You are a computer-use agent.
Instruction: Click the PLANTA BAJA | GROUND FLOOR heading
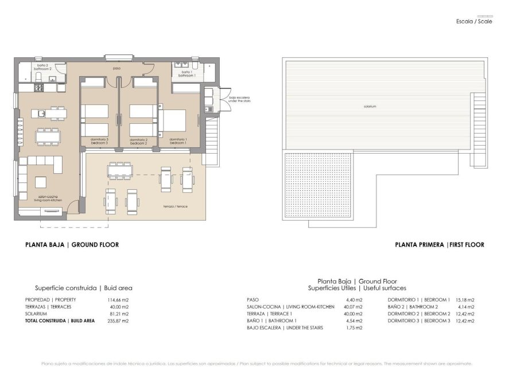pyautogui.click(x=72, y=245)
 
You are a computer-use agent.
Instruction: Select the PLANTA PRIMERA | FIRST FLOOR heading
pyautogui.click(x=439, y=245)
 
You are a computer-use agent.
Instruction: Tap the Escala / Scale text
pyautogui.click(x=473, y=21)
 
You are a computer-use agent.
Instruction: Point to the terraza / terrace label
pyautogui.click(x=175, y=206)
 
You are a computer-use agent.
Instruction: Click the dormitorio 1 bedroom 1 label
pyautogui.click(x=178, y=141)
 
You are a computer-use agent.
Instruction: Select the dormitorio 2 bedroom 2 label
pyautogui.click(x=138, y=141)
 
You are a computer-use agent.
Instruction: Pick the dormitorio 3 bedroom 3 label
pyautogui.click(x=99, y=141)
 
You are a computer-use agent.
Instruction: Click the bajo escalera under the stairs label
pyautogui.click(x=239, y=99)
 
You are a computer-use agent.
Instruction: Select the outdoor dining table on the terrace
pyautogui.click(x=120, y=170)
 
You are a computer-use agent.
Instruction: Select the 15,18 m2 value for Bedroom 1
pyautogui.click(x=465, y=300)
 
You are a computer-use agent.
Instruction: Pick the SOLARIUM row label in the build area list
pyautogui.click(x=36, y=314)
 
